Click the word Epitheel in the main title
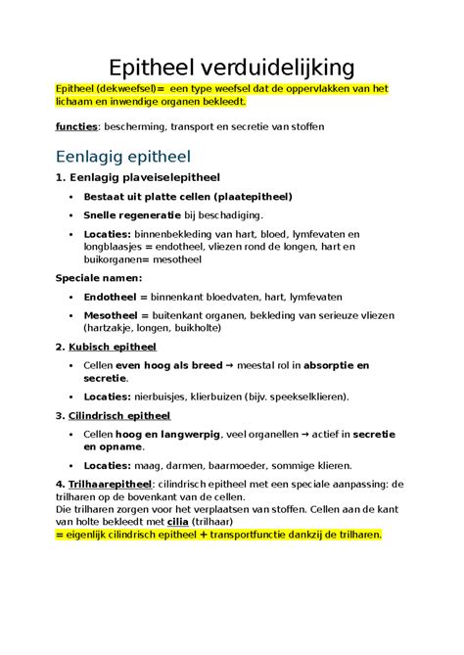159,68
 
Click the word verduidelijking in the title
284,68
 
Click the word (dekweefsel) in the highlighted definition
122,88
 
